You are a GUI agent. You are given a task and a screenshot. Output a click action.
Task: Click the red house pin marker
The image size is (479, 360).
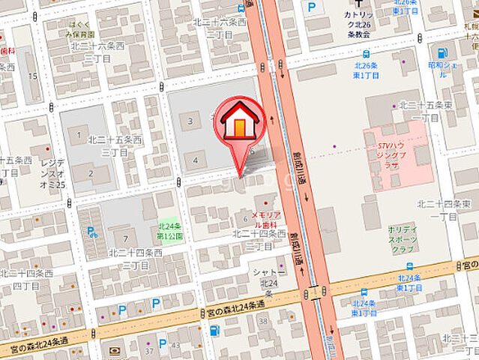240,124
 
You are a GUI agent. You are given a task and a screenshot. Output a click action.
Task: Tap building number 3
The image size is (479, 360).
190,121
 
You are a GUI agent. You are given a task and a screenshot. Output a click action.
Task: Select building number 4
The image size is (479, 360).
195,160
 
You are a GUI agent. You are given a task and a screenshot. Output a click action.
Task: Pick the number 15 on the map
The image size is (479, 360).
32,76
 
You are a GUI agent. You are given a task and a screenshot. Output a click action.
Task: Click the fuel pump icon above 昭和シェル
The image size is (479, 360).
442,53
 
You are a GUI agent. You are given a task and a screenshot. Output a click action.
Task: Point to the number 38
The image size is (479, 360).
263,321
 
